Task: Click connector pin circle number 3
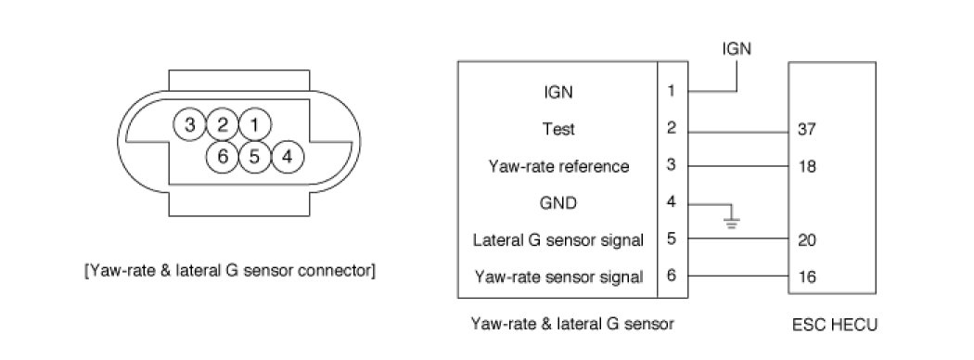click(x=190, y=125)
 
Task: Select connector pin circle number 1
click(x=254, y=125)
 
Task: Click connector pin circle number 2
click(x=222, y=125)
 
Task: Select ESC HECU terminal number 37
click(x=806, y=131)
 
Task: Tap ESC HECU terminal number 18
click(x=806, y=167)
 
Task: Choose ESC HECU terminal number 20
click(x=806, y=240)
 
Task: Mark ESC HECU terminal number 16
click(x=806, y=276)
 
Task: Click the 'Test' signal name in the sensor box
click(x=557, y=129)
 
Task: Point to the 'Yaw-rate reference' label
click(x=558, y=166)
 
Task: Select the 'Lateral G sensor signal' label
click(x=557, y=240)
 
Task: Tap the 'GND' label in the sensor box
click(x=557, y=202)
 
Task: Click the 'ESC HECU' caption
click(x=835, y=325)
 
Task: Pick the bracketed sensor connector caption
click(x=229, y=271)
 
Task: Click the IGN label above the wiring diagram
click(x=737, y=48)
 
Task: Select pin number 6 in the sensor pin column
click(x=671, y=276)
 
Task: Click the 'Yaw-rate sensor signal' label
click(x=558, y=276)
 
